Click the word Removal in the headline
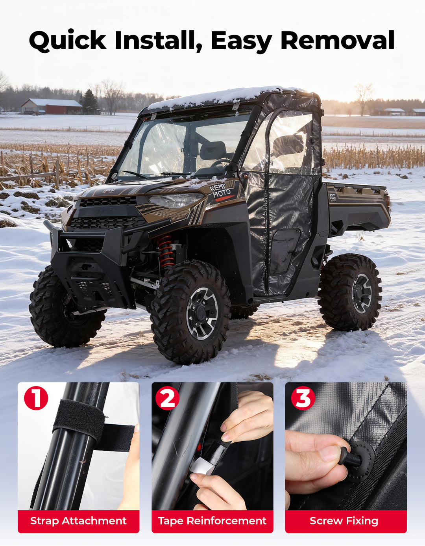[x=337, y=40]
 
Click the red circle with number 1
[x=36, y=398]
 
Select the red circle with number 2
[x=167, y=398]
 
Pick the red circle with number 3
[x=303, y=398]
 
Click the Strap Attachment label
[x=78, y=521]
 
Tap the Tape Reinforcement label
[x=212, y=521]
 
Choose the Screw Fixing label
[x=344, y=521]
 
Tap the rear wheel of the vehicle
[x=350, y=292]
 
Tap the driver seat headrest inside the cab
[x=213, y=150]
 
